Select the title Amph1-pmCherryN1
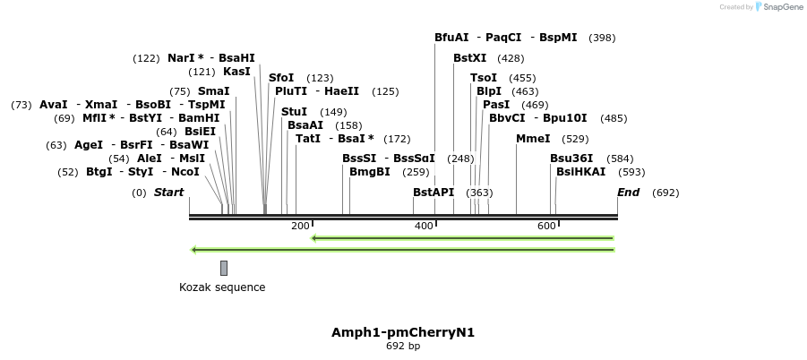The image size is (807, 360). [403, 332]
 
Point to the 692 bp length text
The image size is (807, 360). [403, 346]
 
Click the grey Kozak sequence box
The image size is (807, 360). [224, 268]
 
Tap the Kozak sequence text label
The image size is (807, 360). [222, 287]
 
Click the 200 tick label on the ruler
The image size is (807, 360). [300, 226]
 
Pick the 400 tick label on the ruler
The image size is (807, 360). [424, 226]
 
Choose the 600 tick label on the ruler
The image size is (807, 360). [547, 226]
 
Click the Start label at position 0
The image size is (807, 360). [168, 193]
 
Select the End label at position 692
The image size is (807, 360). [629, 193]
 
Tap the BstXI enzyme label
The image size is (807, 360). [470, 58]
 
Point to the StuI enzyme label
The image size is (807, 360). [294, 112]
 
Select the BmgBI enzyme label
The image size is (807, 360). [370, 172]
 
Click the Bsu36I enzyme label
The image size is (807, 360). [571, 159]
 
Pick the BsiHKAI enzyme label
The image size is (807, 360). [581, 172]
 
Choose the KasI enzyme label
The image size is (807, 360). [236, 72]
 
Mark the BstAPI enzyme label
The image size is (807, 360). [434, 193]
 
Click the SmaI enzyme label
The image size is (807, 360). [213, 91]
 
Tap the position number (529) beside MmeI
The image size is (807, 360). [575, 139]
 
